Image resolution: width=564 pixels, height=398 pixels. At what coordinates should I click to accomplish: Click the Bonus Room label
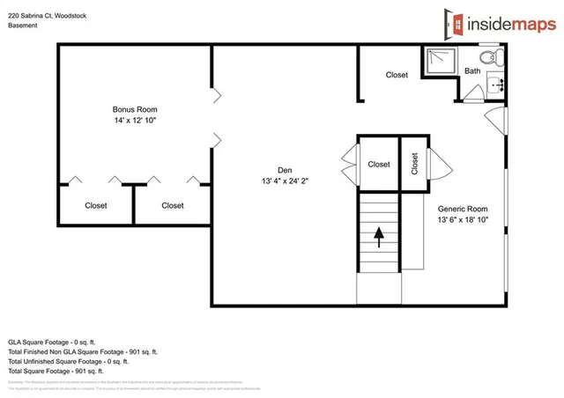(x=135, y=109)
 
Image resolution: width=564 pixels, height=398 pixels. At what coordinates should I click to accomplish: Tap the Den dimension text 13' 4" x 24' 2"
(x=284, y=181)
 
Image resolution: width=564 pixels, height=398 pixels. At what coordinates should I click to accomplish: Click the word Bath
(x=473, y=71)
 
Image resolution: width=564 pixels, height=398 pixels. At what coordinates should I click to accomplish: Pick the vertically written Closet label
(x=414, y=163)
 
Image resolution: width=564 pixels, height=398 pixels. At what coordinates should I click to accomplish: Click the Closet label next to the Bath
(x=397, y=75)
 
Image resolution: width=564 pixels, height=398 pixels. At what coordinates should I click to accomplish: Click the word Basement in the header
(x=23, y=26)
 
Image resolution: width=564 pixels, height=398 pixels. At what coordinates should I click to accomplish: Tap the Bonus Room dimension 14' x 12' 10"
(x=135, y=120)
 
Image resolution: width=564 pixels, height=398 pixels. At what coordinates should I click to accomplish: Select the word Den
(x=284, y=170)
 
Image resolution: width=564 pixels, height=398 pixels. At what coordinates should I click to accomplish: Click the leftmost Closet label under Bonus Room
(x=96, y=205)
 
